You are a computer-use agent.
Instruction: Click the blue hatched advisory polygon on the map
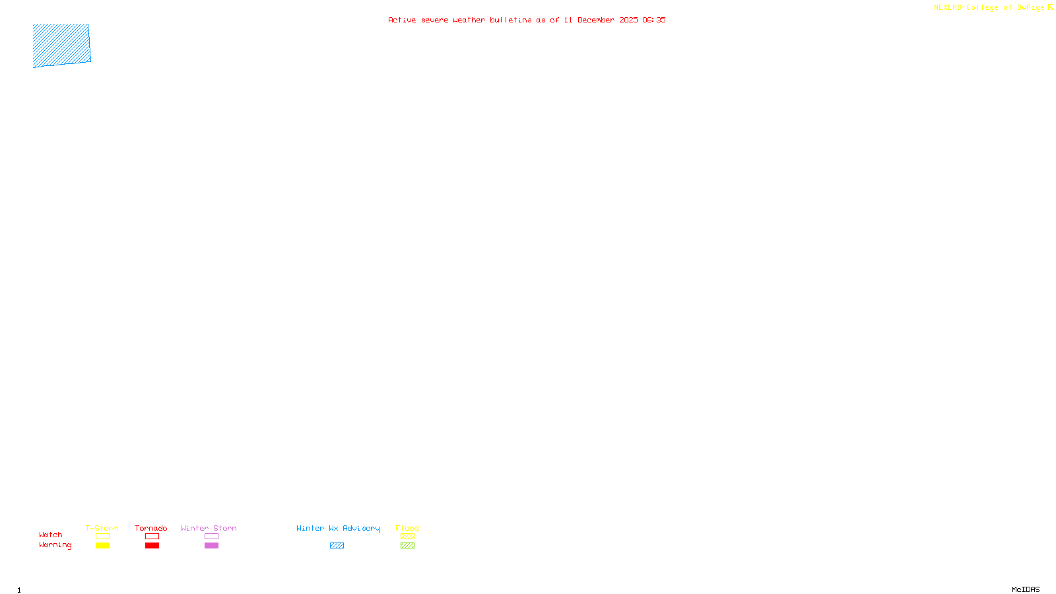pos(61,45)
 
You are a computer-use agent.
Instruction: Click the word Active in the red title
pos(402,20)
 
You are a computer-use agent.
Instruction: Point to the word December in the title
pos(596,20)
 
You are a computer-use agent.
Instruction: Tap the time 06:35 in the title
pos(654,20)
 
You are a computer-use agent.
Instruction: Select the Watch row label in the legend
pos(51,535)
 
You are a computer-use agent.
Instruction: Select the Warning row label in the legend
pos(55,545)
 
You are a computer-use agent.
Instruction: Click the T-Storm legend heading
pos(102,528)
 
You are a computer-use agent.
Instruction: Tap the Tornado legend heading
pos(151,528)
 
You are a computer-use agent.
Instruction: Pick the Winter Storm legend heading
pos(209,528)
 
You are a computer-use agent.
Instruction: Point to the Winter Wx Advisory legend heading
pos(338,528)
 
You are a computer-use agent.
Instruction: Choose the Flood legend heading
pos(407,528)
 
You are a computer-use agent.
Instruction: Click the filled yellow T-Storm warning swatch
pos(102,546)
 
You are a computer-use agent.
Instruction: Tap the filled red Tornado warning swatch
pos(152,546)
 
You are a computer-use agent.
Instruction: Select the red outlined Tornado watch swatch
pos(152,537)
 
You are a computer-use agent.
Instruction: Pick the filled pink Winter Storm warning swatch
pos(211,546)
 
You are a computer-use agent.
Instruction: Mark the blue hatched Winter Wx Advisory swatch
pos(337,546)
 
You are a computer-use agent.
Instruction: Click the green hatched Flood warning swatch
pos(407,546)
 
